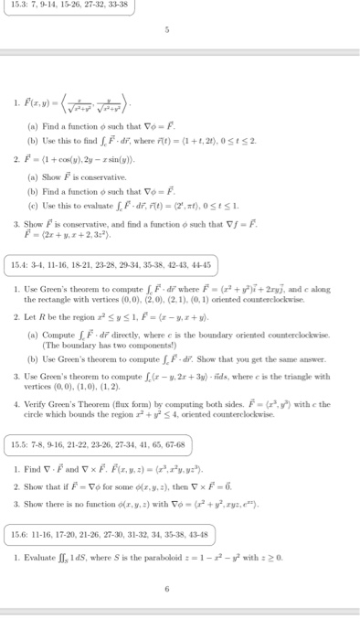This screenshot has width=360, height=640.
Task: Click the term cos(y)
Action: tap(84, 181)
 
